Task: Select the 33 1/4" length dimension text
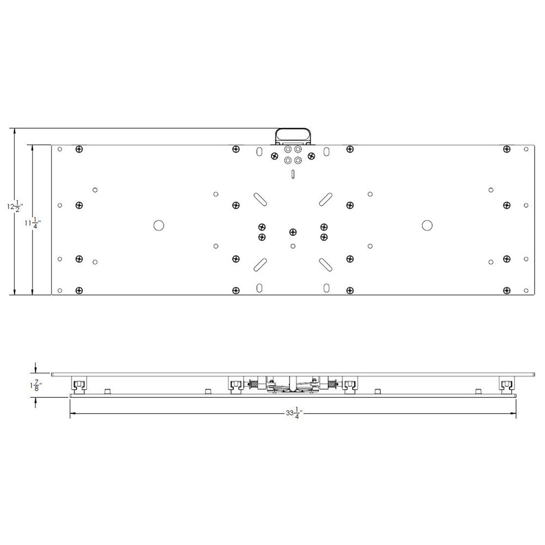[294, 414]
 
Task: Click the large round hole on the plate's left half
[159, 225]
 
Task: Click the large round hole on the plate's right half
[427, 225]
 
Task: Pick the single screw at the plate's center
[293, 232]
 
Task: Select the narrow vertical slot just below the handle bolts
[293, 174]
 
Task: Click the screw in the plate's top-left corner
[80, 149]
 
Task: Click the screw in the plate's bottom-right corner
[507, 290]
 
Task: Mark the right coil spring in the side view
[332, 384]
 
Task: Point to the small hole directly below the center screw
[293, 246]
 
